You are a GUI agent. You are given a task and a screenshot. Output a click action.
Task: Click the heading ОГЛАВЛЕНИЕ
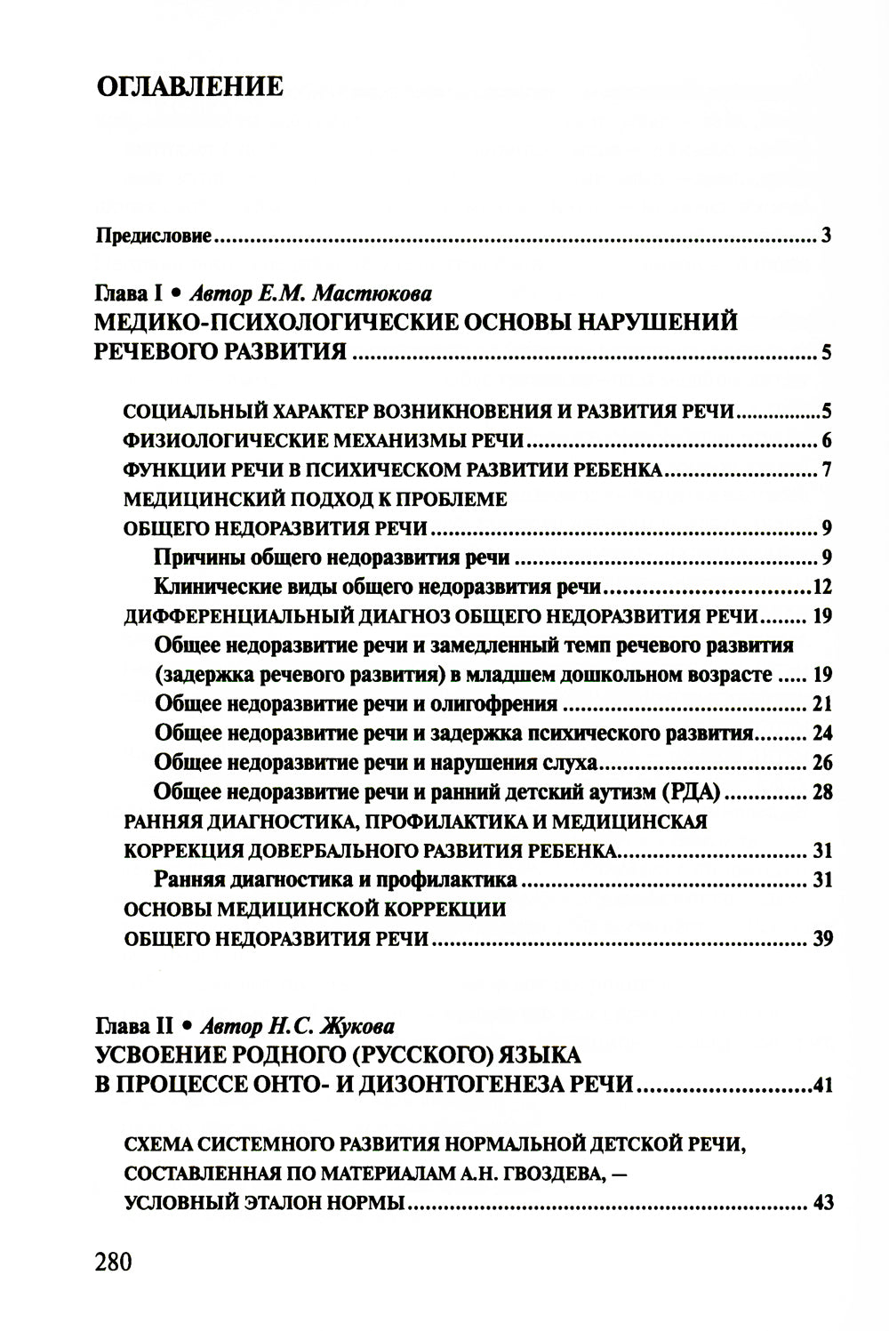[188, 86]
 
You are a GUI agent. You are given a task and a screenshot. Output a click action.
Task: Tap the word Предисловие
[153, 237]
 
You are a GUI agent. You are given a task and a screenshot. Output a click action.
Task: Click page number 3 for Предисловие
[826, 237]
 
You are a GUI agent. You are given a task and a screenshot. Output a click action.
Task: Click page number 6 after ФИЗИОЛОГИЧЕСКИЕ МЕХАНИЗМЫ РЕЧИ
[826, 441]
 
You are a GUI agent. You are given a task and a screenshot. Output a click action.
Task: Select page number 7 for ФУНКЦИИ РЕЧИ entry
[826, 470]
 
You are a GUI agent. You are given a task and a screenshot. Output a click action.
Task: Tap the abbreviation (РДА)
[689, 792]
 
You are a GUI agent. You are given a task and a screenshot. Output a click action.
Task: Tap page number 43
[821, 1204]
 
